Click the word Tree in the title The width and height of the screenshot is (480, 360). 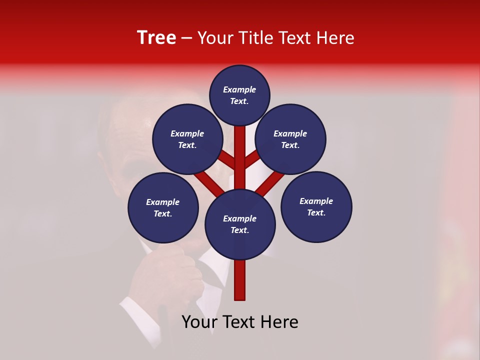tap(156, 38)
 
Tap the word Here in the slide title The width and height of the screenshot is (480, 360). tap(335, 38)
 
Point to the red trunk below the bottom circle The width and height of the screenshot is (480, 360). tap(240, 280)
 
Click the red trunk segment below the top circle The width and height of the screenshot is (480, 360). tap(240, 155)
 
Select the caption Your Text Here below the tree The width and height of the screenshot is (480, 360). tap(240, 322)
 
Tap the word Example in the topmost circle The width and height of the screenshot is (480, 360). tap(239, 90)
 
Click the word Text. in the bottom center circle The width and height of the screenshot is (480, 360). tap(240, 230)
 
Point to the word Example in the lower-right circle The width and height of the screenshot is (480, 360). tap(316, 201)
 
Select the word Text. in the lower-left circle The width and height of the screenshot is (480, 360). tap(163, 214)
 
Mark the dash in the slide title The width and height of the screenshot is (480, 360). tap(186, 38)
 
